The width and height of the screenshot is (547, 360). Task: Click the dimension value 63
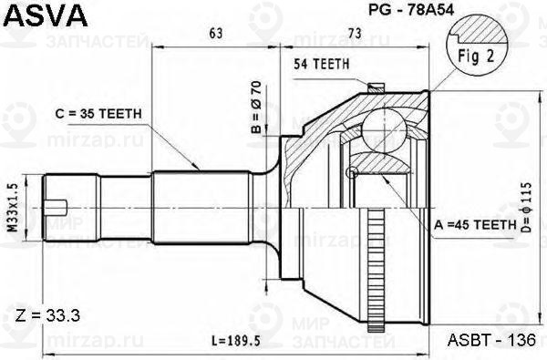217,35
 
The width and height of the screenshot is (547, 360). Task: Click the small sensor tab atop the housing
373,87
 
